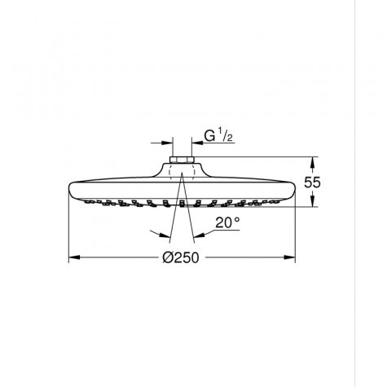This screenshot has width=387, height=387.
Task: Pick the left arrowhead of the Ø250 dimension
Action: click(x=73, y=259)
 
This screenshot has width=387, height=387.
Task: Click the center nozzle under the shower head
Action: click(x=181, y=203)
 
